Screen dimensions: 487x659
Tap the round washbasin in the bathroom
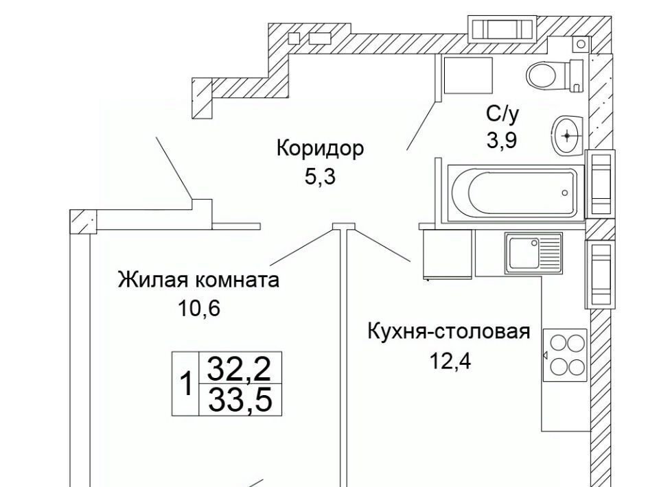(567, 134)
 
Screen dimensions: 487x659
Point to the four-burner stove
(565, 355)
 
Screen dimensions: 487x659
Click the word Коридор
(320, 148)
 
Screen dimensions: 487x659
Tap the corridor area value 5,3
(320, 176)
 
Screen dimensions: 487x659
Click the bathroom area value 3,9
(501, 140)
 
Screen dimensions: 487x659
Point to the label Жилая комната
(199, 281)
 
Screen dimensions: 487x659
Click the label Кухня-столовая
(449, 332)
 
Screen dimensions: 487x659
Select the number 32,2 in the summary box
(240, 370)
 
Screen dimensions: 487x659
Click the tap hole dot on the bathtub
(565, 193)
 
